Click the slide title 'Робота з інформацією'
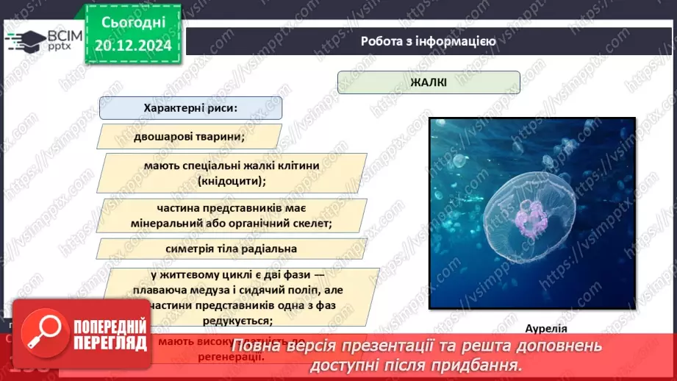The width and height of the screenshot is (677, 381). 428,41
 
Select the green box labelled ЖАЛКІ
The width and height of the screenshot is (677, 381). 429,82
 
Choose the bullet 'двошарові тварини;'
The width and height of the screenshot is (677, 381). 190,136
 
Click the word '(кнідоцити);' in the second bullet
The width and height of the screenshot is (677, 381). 232,179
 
